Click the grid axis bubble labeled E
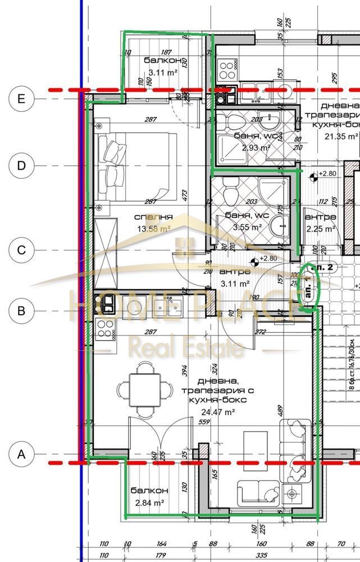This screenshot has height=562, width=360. click(x=21, y=98)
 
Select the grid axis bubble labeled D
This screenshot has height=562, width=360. click(x=21, y=165)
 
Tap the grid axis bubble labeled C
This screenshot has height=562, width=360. click(x=21, y=250)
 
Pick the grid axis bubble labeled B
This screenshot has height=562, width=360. click(x=21, y=310)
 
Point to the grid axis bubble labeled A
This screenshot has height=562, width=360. click(x=21, y=454)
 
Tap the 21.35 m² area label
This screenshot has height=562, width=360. click(x=340, y=136)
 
